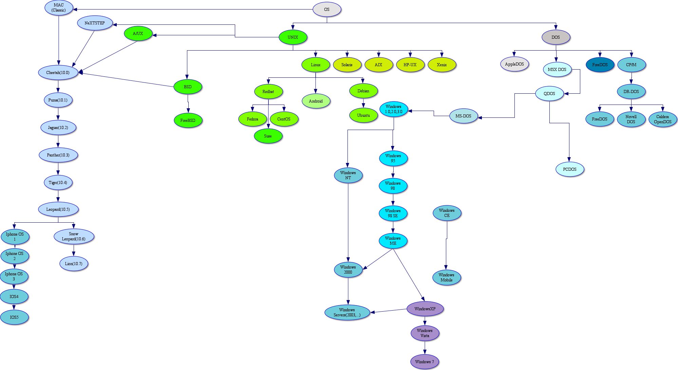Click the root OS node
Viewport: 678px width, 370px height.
click(326, 10)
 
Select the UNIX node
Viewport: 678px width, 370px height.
click(293, 37)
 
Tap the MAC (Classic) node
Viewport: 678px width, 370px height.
click(59, 8)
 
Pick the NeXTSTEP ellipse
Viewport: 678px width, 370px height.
click(95, 23)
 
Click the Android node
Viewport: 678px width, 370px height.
click(316, 101)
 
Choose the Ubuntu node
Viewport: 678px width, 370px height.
click(363, 115)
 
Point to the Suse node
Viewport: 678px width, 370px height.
click(268, 136)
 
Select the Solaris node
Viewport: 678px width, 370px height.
click(347, 65)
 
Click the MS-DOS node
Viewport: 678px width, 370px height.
click(463, 116)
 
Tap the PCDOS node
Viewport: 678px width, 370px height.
click(570, 169)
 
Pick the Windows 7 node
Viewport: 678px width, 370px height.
click(425, 362)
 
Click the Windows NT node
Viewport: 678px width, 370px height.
click(348, 175)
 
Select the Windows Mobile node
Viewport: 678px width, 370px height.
click(447, 278)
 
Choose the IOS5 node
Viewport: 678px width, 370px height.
click(14, 317)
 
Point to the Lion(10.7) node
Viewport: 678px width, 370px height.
click(74, 264)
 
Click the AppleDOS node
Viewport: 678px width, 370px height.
click(514, 64)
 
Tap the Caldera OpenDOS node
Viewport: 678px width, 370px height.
click(663, 119)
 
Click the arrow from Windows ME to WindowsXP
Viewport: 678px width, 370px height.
click(409, 275)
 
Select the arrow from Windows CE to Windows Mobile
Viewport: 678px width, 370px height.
click(447, 244)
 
